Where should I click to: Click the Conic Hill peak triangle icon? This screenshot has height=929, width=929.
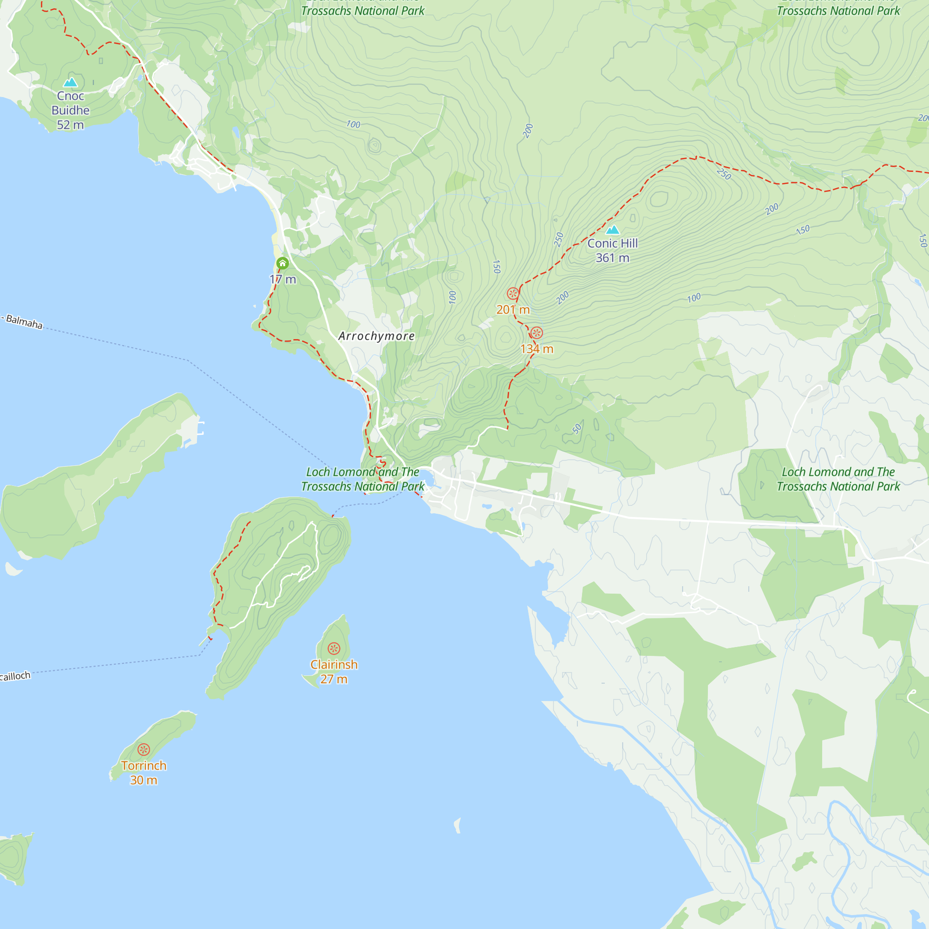click(x=612, y=229)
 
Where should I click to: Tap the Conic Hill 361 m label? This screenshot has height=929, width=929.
click(x=612, y=250)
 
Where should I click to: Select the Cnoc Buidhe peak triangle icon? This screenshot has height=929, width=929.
click(x=70, y=82)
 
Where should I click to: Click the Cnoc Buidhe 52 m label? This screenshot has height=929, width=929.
click(x=70, y=110)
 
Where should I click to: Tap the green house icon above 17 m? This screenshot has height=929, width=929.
click(x=282, y=263)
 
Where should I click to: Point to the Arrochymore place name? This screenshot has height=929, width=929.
click(x=376, y=336)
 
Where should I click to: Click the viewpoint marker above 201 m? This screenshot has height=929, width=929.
click(x=513, y=293)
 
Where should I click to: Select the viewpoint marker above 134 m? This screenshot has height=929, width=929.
click(x=536, y=333)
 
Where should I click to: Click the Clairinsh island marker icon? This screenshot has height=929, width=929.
click(x=334, y=648)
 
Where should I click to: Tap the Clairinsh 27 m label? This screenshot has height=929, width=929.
click(x=334, y=671)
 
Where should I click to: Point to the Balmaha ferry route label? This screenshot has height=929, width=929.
click(x=23, y=322)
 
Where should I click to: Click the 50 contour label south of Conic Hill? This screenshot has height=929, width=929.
click(x=577, y=428)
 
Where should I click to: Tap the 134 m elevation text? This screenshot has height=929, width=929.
click(x=536, y=349)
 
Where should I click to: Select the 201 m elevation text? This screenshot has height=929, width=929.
click(x=513, y=310)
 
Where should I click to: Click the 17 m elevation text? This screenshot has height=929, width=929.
click(x=283, y=279)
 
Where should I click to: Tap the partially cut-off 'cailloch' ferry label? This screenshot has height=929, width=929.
click(x=15, y=676)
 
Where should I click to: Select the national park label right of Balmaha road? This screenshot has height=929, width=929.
click(x=837, y=479)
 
